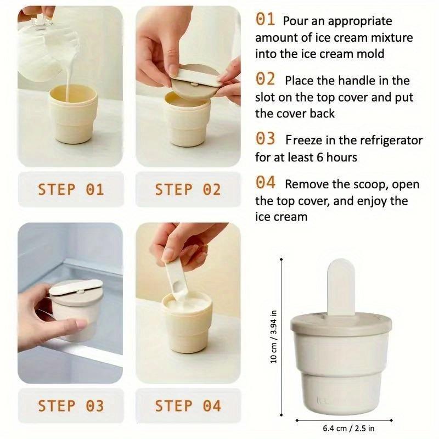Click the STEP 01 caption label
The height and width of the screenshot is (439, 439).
click(70, 190)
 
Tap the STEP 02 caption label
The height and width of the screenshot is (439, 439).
click(188, 190)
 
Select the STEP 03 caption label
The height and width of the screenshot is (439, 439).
click(70, 406)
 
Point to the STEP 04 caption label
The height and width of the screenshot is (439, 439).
click(188, 406)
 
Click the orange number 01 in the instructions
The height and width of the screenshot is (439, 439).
click(265, 20)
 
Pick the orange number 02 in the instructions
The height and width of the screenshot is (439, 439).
click(265, 80)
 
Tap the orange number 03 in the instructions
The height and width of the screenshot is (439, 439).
click(265, 139)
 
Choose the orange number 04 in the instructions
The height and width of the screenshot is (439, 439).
click(265, 183)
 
